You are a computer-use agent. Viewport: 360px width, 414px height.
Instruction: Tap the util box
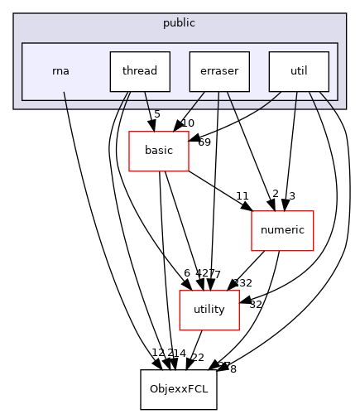click(x=299, y=71)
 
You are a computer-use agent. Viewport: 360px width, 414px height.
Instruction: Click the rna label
click(x=60, y=71)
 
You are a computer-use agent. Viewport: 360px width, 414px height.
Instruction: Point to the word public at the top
click(x=180, y=23)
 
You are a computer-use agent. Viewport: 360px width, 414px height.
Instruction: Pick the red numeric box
click(x=282, y=230)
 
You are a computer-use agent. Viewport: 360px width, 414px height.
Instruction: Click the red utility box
click(x=209, y=310)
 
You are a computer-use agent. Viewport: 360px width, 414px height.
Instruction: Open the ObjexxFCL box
click(x=178, y=389)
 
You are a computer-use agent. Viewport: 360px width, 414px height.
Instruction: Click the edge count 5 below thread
click(x=157, y=113)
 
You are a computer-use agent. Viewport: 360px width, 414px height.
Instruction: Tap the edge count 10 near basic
click(x=188, y=123)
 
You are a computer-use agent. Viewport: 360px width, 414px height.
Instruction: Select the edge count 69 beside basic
click(x=204, y=142)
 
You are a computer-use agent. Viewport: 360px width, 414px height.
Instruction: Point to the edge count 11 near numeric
click(x=242, y=196)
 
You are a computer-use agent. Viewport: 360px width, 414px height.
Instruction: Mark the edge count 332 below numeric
click(x=242, y=283)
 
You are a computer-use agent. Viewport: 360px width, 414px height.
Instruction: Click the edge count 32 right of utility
click(x=255, y=304)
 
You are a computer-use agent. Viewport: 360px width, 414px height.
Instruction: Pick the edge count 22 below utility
click(x=198, y=357)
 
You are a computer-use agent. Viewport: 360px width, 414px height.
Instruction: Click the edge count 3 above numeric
click(x=292, y=196)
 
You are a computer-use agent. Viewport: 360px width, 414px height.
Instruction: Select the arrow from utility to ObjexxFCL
click(x=195, y=349)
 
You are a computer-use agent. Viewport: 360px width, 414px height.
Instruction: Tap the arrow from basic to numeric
click(x=219, y=189)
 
